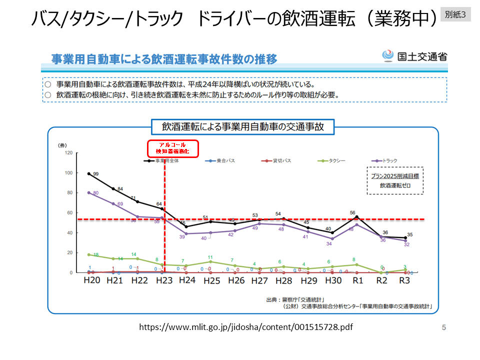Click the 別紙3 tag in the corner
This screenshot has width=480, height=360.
455,14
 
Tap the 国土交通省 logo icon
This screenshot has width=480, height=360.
388,56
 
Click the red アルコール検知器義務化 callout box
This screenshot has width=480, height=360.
172,147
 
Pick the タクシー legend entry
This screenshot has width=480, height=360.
332,161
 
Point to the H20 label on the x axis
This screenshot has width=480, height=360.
91,281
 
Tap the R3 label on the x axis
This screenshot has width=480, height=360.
405,281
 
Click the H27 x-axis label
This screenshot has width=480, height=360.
259,281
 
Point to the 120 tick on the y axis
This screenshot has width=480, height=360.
68,152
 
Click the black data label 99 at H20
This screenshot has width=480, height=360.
95,174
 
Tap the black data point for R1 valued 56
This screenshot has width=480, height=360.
356,216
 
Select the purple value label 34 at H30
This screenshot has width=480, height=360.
329,244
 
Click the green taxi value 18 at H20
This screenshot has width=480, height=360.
95,255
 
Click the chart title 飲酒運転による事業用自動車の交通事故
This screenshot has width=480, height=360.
243,127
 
